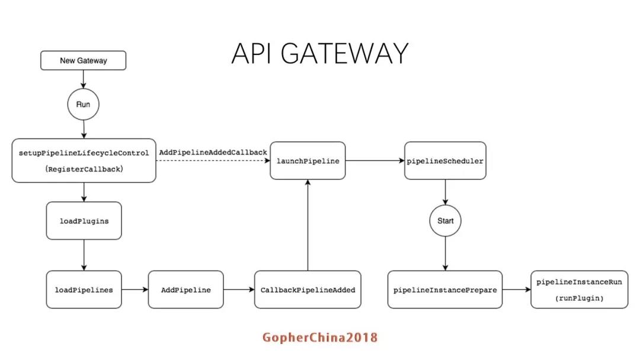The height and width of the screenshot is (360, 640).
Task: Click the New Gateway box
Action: (84, 60)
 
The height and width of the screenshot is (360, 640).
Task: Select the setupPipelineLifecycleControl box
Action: (84, 160)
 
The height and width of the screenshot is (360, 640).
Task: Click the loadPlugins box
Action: (84, 221)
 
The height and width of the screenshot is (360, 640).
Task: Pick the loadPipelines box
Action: (84, 290)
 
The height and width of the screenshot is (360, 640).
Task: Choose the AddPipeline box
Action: (185, 290)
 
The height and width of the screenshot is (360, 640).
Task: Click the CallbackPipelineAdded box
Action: (308, 290)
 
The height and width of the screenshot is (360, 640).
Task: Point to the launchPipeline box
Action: (308, 160)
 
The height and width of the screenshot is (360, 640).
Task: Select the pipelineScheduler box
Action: (445, 160)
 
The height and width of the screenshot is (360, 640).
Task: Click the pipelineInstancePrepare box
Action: (445, 290)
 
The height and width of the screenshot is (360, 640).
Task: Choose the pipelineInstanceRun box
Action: (579, 290)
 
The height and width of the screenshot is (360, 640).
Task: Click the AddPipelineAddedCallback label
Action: (213, 152)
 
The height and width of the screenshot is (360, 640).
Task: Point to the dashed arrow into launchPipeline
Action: (213, 160)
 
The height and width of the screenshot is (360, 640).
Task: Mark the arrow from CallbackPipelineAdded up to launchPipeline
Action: (308, 225)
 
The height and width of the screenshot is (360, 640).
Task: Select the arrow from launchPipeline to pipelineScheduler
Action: (375, 160)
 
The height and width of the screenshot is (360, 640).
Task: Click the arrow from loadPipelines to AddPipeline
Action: (135, 290)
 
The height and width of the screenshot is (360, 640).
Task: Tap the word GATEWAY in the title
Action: (344, 53)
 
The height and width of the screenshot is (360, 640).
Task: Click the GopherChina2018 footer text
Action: (320, 337)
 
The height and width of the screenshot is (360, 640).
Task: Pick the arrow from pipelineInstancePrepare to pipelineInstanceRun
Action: (516, 290)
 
